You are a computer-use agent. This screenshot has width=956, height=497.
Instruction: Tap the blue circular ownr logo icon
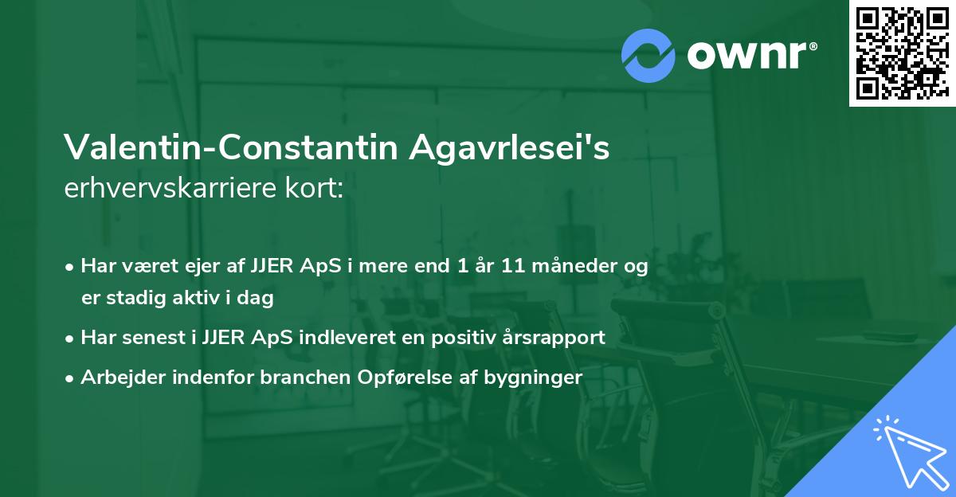[648, 55]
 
